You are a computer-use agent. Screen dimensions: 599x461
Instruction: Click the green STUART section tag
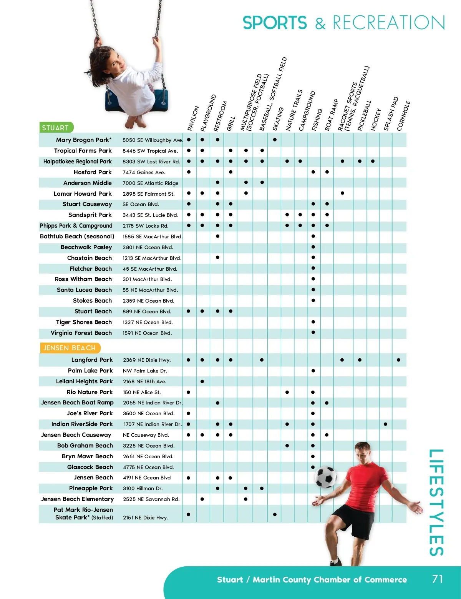(56, 128)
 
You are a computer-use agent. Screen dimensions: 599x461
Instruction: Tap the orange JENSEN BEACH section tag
(70, 348)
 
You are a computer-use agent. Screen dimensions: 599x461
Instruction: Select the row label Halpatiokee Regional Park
(77, 161)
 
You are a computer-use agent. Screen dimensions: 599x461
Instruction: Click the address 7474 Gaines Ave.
(144, 172)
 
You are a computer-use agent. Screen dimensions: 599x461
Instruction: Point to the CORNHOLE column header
(403, 115)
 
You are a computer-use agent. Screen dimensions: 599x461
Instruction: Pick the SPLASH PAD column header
(391, 114)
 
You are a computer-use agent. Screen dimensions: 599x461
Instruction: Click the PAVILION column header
(193, 118)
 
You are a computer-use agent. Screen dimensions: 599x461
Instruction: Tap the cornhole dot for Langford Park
(398, 360)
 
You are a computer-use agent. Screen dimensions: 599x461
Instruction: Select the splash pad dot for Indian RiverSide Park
(385, 424)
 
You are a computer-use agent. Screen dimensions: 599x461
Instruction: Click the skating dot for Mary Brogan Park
(275, 140)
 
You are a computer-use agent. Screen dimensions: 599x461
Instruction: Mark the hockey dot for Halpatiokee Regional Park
(373, 161)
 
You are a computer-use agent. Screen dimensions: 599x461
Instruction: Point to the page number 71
(437, 579)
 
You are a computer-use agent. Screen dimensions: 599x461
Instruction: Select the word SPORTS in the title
(275, 23)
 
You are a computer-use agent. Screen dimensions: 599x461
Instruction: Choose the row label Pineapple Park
(91, 488)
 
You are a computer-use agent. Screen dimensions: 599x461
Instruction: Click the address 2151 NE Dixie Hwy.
(146, 517)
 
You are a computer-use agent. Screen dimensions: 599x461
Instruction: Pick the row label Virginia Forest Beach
(81, 333)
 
